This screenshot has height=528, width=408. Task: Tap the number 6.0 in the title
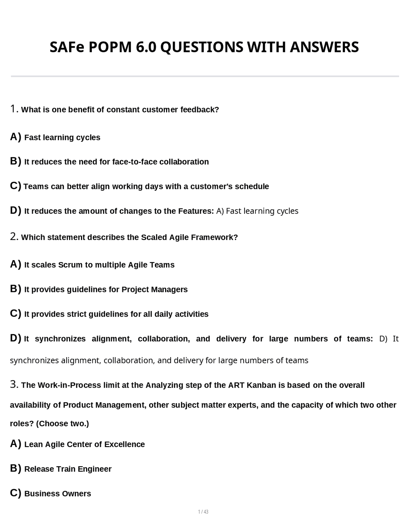[146, 47]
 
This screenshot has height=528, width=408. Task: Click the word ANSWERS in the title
[324, 47]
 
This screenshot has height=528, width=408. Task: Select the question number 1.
[14, 109]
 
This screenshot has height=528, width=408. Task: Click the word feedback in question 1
[200, 110]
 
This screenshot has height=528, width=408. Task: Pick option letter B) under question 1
[15, 161]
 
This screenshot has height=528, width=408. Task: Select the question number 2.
[14, 237]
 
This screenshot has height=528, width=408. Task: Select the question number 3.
[14, 384]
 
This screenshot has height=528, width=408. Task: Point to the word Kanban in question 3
[261, 385]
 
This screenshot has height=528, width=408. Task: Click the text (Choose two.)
[62, 423]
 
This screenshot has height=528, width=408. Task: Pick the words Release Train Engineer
[68, 469]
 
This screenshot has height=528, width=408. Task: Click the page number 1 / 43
[203, 512]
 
